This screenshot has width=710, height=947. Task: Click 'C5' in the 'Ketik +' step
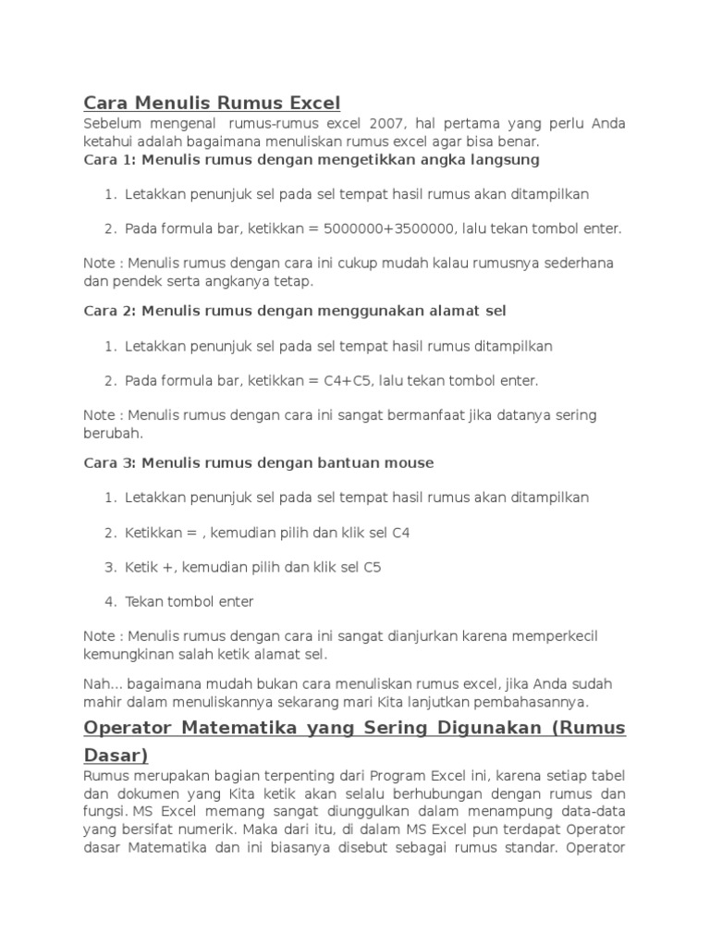tap(372, 567)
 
